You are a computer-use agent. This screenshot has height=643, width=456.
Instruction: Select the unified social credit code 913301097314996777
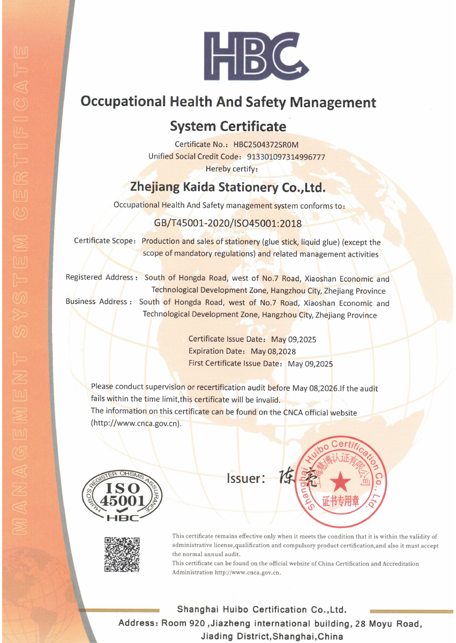(286, 156)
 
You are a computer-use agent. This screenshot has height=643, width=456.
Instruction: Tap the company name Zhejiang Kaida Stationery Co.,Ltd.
(228, 188)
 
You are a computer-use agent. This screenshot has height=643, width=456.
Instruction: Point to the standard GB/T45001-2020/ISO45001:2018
(228, 223)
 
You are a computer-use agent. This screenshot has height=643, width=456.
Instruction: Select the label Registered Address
(100, 278)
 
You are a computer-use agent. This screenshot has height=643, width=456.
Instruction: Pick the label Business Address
(96, 302)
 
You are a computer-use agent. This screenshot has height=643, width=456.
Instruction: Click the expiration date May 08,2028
(273, 352)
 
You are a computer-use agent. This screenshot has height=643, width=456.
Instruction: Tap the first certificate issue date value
(310, 364)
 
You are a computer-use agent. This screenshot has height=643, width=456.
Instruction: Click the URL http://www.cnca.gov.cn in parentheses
(136, 423)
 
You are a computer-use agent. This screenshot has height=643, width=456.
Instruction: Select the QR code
(122, 554)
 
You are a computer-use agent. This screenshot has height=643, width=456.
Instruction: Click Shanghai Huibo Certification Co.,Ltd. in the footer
(261, 610)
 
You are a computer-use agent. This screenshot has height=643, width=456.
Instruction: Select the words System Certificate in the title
(228, 126)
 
